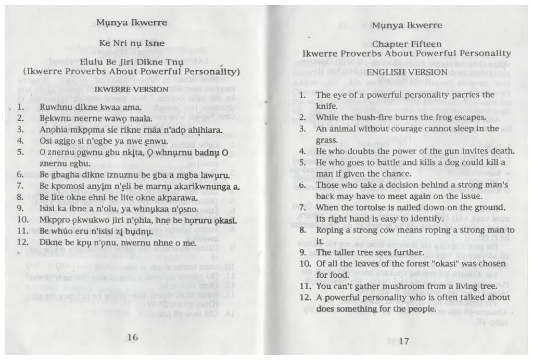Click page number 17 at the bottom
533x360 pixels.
pyautogui.click(x=404, y=341)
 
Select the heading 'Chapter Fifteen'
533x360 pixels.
pyautogui.click(x=407, y=44)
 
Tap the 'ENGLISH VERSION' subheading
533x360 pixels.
pyautogui.click(x=407, y=72)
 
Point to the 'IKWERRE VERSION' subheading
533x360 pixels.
pyautogui.click(x=131, y=89)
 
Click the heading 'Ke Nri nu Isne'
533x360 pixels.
pyautogui.click(x=132, y=43)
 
